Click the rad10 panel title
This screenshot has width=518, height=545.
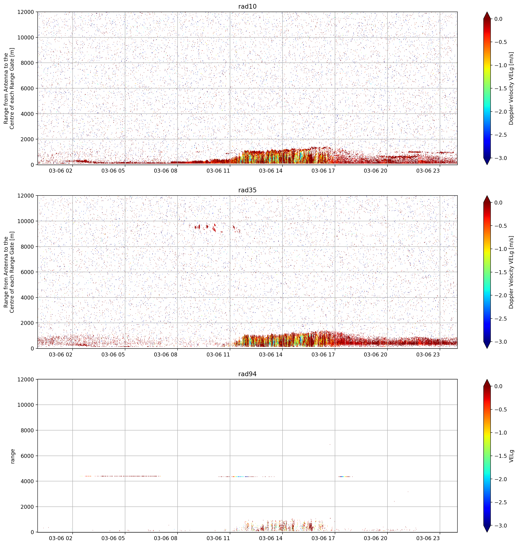pyautogui.click(x=247, y=6)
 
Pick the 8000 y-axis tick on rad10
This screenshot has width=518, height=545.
pyautogui.click(x=27, y=63)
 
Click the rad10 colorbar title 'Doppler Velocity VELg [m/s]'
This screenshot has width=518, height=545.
pyautogui.click(x=511, y=88)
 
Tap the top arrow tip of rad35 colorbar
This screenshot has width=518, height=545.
pyautogui.click(x=487, y=196)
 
